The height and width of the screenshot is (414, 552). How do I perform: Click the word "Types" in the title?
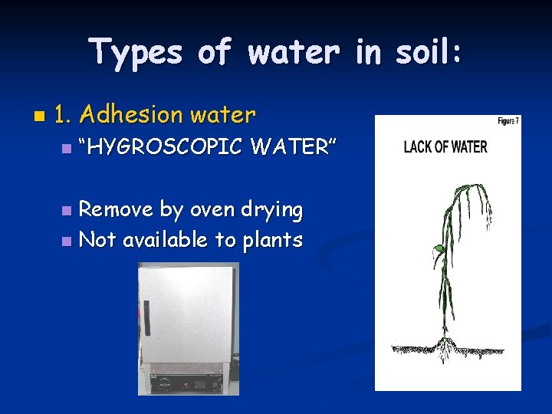[x=136, y=53]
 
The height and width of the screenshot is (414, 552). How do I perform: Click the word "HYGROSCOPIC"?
[x=160, y=146]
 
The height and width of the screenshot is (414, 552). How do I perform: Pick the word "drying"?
[x=274, y=209]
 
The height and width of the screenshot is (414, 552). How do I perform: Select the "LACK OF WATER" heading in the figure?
[x=445, y=146]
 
